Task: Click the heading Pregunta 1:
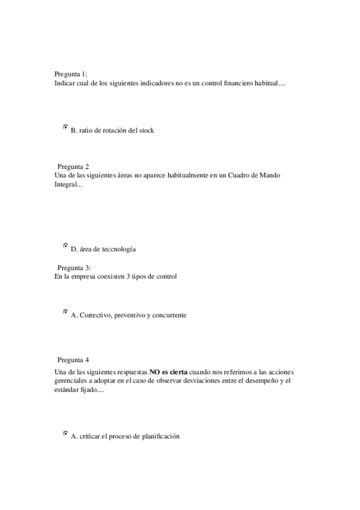(x=71, y=75)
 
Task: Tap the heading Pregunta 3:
(x=74, y=268)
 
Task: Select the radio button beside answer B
(x=65, y=127)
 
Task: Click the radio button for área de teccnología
(x=65, y=246)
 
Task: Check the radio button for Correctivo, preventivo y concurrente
(x=65, y=312)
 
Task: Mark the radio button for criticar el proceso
(x=65, y=434)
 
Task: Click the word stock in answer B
(x=146, y=131)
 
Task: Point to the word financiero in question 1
(x=231, y=84)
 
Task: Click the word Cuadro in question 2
(x=237, y=175)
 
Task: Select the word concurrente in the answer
(x=168, y=315)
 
